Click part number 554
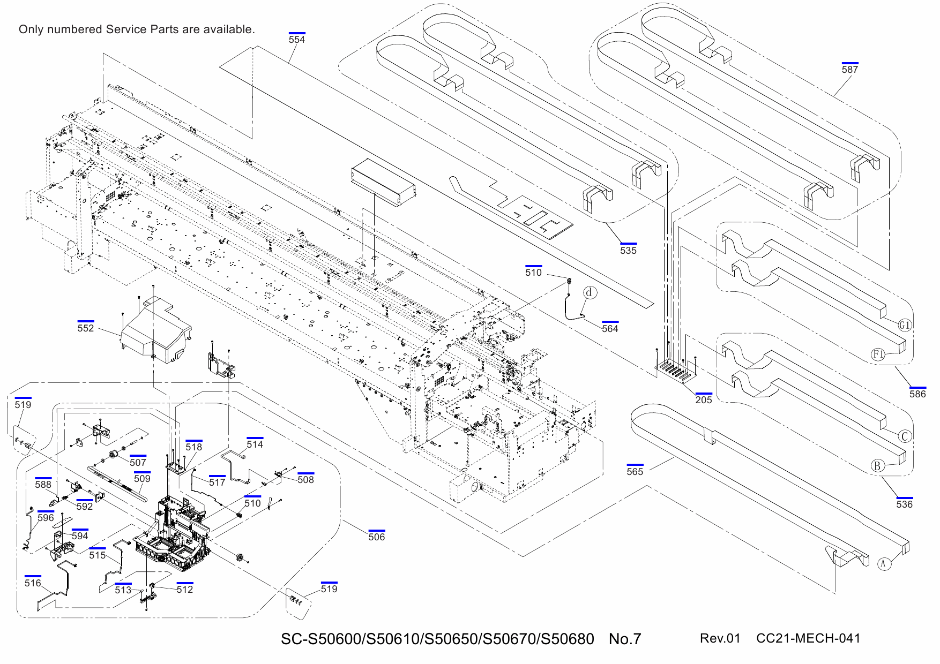296,40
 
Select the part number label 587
849,70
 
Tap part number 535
628,251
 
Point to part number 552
86,328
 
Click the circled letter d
590,292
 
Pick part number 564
610,329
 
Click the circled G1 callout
905,325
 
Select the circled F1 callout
877,354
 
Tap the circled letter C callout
905,436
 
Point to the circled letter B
877,465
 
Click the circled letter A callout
884,563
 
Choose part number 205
704,400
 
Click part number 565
635,472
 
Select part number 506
376,537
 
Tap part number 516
33,583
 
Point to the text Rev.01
720,638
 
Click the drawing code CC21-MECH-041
808,638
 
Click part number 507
138,463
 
